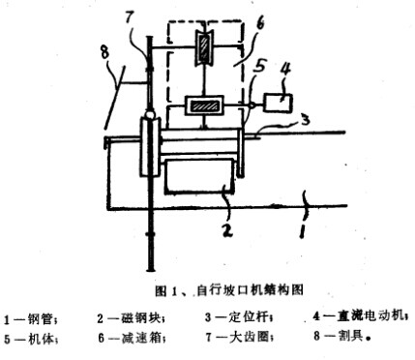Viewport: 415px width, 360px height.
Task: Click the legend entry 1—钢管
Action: [33, 315]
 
